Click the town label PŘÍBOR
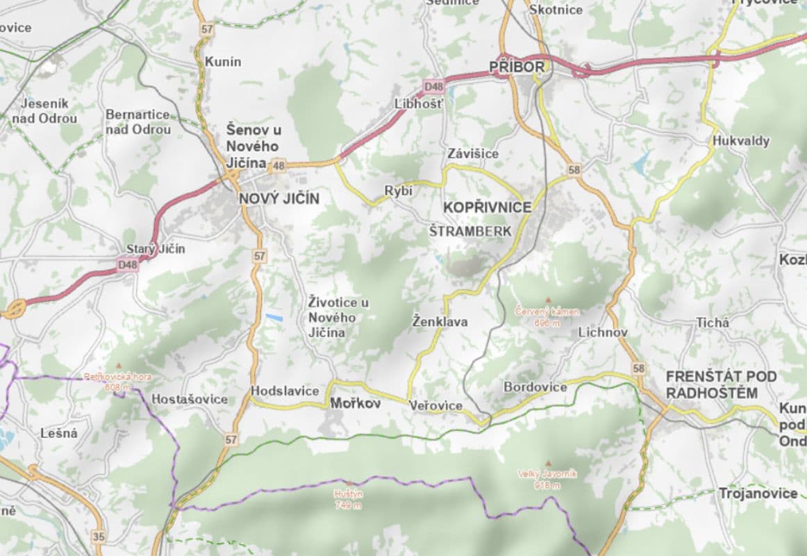tap(517, 67)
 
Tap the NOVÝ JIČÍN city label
tap(279, 199)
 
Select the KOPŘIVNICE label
tap(488, 207)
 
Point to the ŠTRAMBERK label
tap(470, 231)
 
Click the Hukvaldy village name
tap(741, 141)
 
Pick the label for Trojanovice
tap(758, 493)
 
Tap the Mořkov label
tap(356, 403)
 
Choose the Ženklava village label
tap(440, 322)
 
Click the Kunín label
tap(224, 62)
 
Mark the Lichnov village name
tap(603, 333)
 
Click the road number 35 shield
tap(99, 537)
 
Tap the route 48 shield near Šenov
tap(278, 165)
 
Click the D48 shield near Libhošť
tap(433, 87)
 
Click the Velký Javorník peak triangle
tap(549, 464)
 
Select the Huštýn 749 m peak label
tap(348, 499)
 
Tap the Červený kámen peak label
tap(547, 317)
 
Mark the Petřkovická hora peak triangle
tap(119, 366)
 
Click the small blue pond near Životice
tap(274, 318)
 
